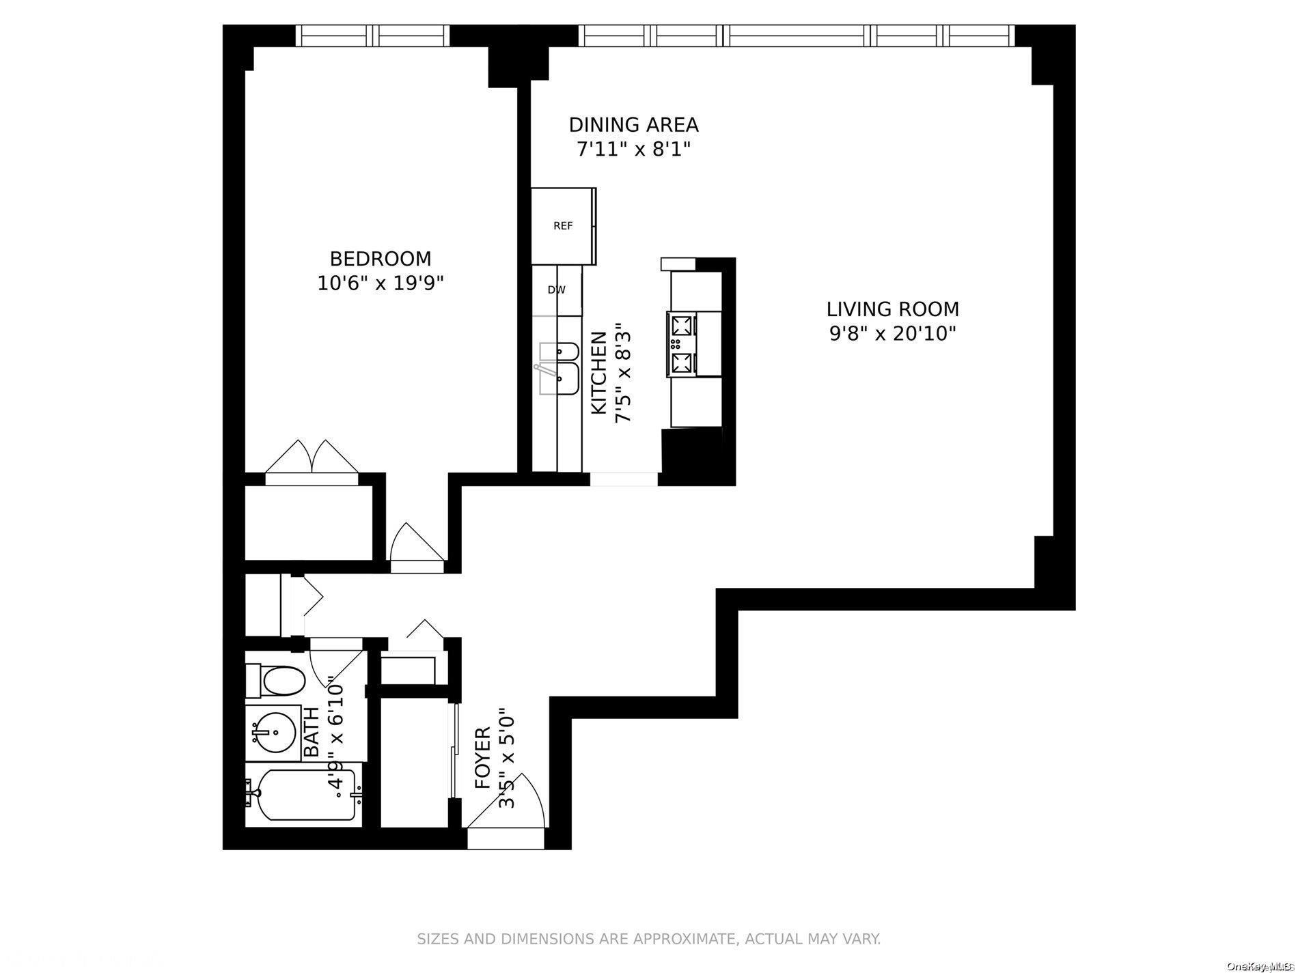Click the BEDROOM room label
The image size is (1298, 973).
coord(381,259)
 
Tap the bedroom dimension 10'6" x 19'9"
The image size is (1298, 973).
coord(381,283)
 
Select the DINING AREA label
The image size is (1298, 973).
coord(633,125)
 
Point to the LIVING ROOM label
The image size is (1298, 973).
coord(892,309)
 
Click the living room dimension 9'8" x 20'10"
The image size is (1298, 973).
coord(892,334)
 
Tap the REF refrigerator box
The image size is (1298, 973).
coord(563,226)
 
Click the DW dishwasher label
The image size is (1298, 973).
coord(557,290)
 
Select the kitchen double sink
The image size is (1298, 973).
coord(559,369)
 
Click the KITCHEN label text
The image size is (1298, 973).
coord(599,373)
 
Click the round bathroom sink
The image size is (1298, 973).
coord(271,733)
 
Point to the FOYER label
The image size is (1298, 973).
coord(483,758)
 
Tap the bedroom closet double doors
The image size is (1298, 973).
coord(312,457)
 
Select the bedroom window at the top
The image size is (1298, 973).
coord(372,36)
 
